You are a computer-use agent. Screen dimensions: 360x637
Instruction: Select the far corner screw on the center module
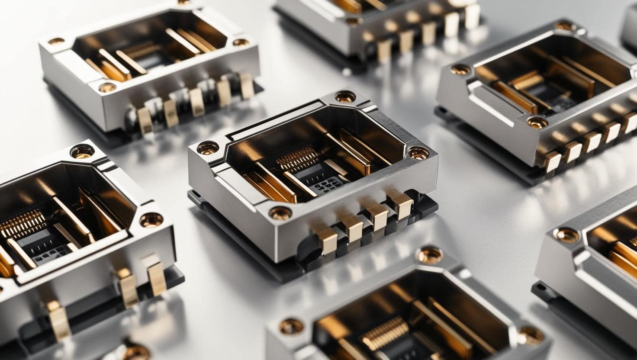pyautogui.click(x=345, y=96)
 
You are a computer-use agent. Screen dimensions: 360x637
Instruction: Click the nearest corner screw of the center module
pyautogui.click(x=280, y=212)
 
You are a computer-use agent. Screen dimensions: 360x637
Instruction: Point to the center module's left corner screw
pyautogui.click(x=207, y=148)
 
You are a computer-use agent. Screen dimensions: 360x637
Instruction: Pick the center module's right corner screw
pyautogui.click(x=418, y=152)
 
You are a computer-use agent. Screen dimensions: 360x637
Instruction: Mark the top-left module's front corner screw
pyautogui.click(x=107, y=87)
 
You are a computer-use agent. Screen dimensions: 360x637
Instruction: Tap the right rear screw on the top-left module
pyautogui.click(x=240, y=42)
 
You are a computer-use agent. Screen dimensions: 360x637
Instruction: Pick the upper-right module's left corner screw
pyautogui.click(x=460, y=69)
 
